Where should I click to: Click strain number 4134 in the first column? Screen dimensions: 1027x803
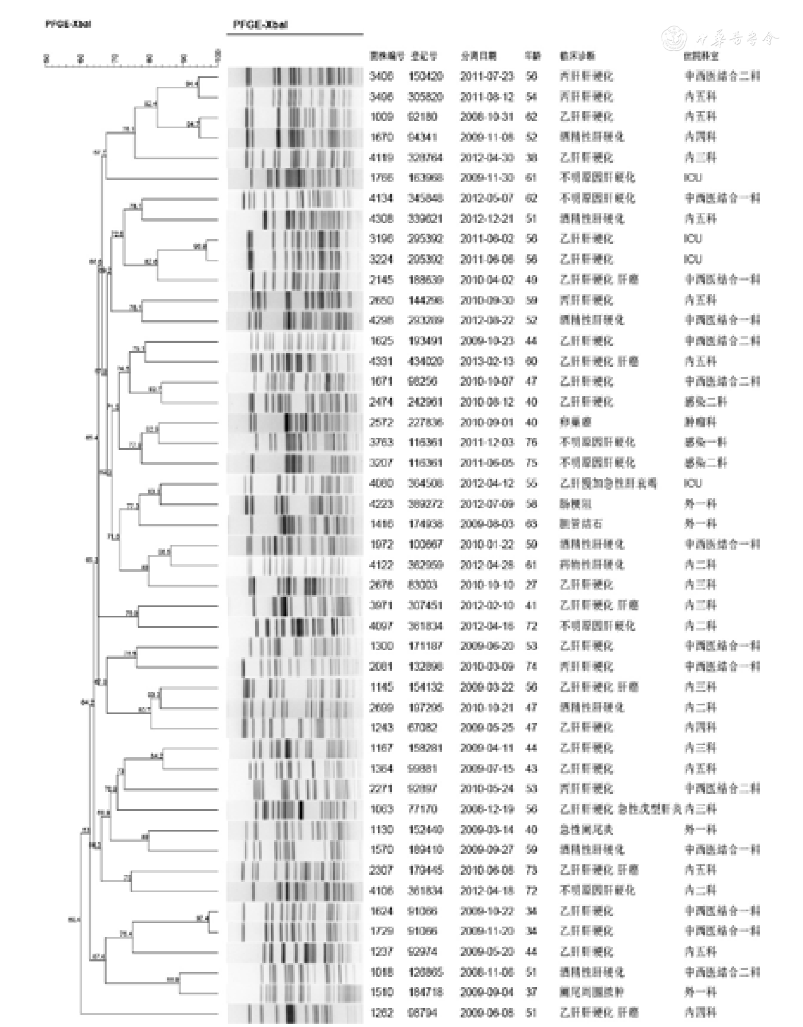coord(381,198)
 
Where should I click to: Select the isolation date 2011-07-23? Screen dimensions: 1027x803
coord(487,76)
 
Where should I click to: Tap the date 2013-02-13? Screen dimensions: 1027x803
coord(487,361)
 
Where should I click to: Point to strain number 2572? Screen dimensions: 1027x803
coord(381,422)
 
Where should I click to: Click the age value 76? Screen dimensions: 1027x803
coord(531,442)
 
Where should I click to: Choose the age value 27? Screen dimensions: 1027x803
coord(531,585)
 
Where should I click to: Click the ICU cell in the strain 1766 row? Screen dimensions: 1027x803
coord(693,178)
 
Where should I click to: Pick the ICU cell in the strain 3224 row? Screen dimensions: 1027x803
coord(693,259)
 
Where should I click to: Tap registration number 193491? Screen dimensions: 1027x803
coord(425,341)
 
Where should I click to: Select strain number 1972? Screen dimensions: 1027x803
coord(381,544)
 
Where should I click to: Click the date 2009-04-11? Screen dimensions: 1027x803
coord(487,748)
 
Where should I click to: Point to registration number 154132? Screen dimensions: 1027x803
coord(425,687)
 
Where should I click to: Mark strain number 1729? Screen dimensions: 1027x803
coord(381,931)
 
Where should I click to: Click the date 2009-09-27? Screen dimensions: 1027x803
coord(487,850)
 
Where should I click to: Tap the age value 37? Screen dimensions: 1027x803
coord(531,992)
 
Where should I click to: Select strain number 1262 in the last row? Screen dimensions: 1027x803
coord(381,1012)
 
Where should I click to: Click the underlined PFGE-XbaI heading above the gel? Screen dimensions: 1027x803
coord(260,25)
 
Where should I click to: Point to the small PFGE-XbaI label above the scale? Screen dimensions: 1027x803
coord(68,24)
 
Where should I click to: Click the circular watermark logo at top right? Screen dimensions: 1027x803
coord(675,38)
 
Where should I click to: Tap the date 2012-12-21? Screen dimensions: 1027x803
coord(487,219)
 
